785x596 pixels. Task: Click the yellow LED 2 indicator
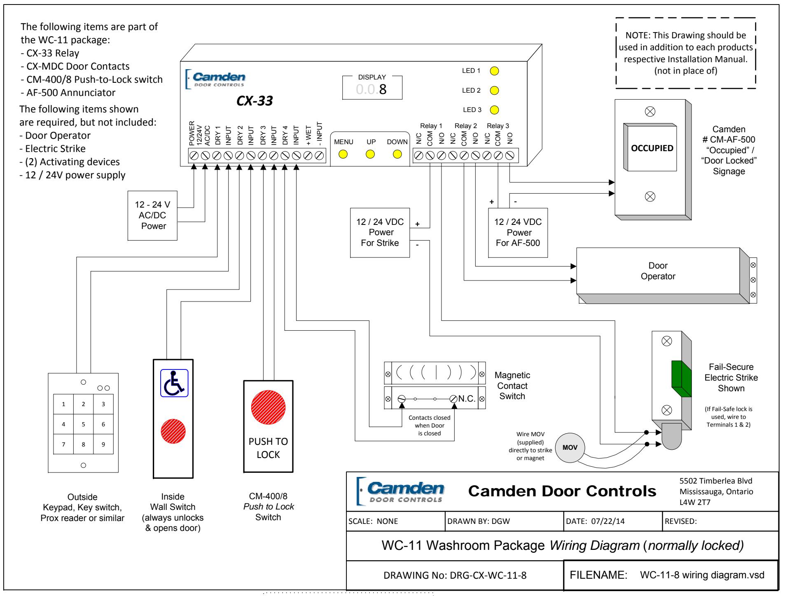(x=495, y=90)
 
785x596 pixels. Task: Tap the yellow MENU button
(x=343, y=154)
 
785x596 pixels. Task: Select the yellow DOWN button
(x=397, y=154)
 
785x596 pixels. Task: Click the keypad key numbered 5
(x=83, y=424)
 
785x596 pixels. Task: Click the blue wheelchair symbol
(x=174, y=383)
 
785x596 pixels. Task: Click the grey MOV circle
(x=570, y=448)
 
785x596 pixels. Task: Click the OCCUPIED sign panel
(x=652, y=148)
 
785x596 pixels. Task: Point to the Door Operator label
(x=658, y=271)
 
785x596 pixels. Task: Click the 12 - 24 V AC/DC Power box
(x=152, y=215)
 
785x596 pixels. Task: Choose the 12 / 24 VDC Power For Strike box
(x=380, y=233)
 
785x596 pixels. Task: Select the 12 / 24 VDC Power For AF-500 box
(x=518, y=233)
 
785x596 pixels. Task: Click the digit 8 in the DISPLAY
(x=383, y=89)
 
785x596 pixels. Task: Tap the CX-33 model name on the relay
(x=255, y=101)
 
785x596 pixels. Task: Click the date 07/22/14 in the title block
(x=608, y=521)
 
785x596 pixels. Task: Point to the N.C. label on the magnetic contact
(x=467, y=399)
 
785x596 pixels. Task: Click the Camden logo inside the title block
(x=399, y=491)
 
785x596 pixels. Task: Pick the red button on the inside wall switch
(x=173, y=431)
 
